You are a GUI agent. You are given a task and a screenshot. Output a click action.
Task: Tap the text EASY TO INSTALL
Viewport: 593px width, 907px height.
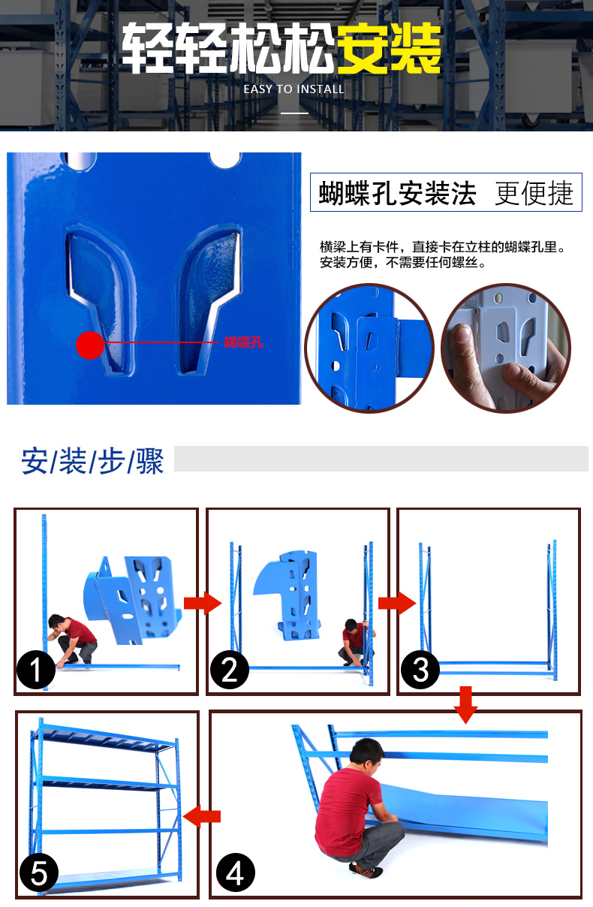tap(293, 89)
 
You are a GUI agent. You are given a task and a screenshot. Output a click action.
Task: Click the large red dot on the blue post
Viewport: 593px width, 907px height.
tap(90, 345)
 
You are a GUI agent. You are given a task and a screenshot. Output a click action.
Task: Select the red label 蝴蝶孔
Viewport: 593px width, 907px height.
tap(244, 342)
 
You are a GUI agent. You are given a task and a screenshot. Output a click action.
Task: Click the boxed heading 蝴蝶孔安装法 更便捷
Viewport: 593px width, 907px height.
tap(446, 193)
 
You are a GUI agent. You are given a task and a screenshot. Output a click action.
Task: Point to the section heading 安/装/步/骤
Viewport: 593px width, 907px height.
tap(92, 461)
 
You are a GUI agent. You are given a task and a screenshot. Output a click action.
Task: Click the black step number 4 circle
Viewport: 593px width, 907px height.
tap(235, 873)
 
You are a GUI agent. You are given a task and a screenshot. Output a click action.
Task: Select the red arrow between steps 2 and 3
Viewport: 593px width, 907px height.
tap(396, 602)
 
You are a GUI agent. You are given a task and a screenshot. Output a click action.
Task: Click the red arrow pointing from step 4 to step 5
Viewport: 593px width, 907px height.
tap(202, 815)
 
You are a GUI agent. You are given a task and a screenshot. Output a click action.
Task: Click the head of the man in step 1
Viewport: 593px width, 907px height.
tap(56, 622)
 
